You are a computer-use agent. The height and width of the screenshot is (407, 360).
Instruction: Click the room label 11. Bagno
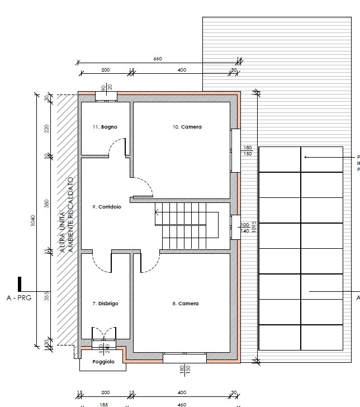[x=105, y=127]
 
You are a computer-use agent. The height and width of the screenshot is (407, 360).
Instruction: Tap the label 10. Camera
[x=187, y=127]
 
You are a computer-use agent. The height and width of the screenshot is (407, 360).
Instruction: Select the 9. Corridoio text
[x=106, y=207]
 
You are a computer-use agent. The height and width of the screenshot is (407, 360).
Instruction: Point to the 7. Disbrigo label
[x=105, y=304]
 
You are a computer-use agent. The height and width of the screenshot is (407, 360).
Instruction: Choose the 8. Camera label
[x=185, y=304]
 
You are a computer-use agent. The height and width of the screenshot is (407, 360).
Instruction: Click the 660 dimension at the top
[x=157, y=59]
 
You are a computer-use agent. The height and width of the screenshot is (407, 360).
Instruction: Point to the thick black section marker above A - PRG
[x=20, y=283]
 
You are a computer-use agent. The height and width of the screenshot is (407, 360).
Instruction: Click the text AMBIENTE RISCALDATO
[x=71, y=215]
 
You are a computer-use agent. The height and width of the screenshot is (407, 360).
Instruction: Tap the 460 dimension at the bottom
[x=182, y=404]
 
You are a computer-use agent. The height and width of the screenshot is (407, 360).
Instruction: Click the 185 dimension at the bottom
[x=104, y=404]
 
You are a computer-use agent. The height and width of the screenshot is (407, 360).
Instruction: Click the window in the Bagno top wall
[x=106, y=97]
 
